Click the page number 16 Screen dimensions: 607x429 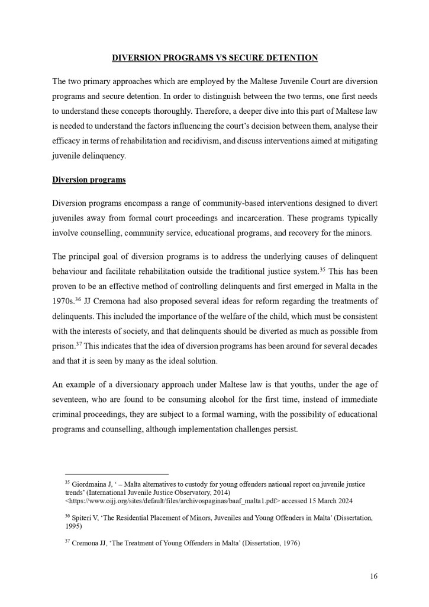point(373,576)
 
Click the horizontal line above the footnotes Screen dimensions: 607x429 point(117,474)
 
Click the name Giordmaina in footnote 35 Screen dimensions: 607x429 point(89,484)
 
